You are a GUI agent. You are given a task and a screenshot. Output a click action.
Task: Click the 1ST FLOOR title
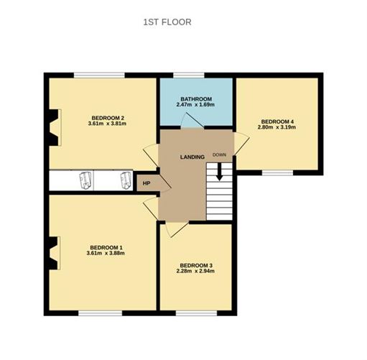point(167,22)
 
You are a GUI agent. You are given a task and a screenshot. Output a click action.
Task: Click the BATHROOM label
point(195,98)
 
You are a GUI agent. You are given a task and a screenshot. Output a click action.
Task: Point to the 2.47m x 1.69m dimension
point(195,106)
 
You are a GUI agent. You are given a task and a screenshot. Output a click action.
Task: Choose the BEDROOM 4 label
point(277,121)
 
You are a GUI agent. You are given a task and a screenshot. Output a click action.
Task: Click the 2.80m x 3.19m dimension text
point(277,129)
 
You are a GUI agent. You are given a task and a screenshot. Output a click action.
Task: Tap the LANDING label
point(192,157)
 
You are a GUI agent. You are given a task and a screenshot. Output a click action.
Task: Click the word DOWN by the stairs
point(219,154)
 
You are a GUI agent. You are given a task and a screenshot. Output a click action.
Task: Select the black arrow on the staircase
point(220,172)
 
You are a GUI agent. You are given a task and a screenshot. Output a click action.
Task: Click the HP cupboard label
point(147,183)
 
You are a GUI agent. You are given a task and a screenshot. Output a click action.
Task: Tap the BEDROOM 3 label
point(195,264)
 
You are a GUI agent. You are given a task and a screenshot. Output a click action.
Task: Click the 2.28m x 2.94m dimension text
point(195,272)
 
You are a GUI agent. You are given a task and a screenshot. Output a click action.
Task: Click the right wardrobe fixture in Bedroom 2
point(126,180)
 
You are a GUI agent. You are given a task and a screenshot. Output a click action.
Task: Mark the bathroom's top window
point(188,75)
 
